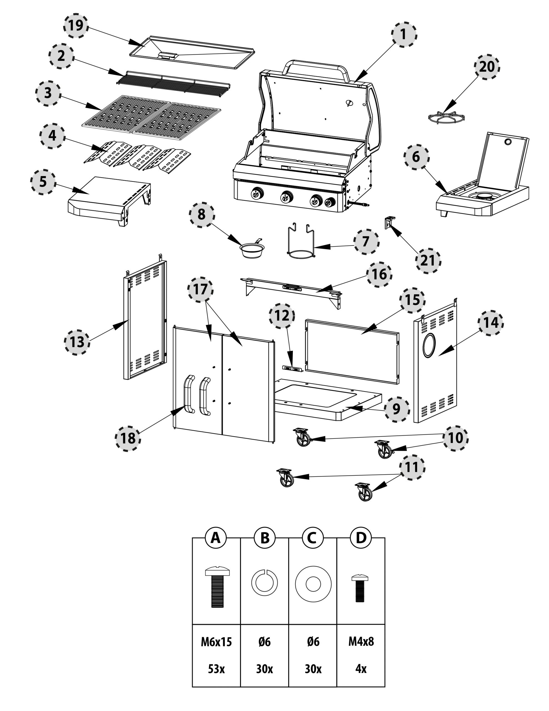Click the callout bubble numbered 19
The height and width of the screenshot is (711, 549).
76,25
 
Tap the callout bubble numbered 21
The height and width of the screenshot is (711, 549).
428,261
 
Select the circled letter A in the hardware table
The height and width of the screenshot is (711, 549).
216,538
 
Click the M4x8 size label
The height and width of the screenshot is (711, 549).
361,641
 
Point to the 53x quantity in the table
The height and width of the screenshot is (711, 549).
216,669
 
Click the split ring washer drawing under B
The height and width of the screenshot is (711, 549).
264,583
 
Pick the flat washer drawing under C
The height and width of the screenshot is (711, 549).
313,584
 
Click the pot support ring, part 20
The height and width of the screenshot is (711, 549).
446,117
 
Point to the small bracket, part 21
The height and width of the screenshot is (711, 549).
390,222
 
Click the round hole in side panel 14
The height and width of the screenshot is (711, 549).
428,345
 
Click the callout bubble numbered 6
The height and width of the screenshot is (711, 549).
416,157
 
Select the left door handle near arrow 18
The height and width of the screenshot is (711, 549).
189,394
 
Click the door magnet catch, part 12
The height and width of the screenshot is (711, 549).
292,368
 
